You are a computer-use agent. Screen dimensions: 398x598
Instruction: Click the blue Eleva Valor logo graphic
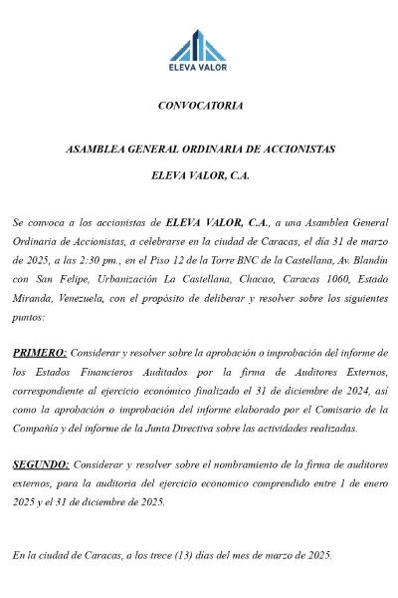(x=199, y=45)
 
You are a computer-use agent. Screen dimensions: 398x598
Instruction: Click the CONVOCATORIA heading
(x=199, y=105)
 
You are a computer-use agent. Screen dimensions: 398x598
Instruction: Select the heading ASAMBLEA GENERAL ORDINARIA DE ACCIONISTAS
(x=199, y=149)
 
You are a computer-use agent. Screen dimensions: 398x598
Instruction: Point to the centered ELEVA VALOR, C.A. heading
(x=199, y=174)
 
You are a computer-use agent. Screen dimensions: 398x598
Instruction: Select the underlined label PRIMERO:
(x=40, y=353)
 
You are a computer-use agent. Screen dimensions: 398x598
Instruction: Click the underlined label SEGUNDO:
(x=41, y=464)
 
